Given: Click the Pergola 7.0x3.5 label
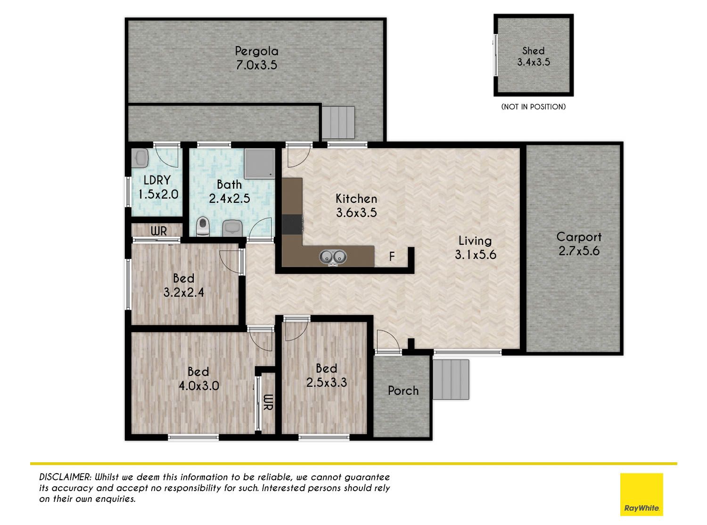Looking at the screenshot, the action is tap(256, 58).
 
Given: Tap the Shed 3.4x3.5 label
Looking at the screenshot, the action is tap(534, 56).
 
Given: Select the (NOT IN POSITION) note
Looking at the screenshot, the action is tap(534, 107).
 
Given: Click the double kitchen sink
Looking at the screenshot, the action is tap(333, 257).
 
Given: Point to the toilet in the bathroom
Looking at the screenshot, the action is tap(202, 226).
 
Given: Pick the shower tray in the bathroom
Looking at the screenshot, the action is tap(259, 164).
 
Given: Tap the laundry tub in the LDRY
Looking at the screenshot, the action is tap(140, 158).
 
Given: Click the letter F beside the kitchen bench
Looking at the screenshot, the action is tap(392, 256).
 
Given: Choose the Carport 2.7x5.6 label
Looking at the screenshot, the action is tap(579, 244).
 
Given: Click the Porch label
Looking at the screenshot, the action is tap(403, 391).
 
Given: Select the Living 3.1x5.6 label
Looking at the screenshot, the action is tap(475, 248).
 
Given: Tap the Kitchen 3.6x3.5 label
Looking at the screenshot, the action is tap(356, 206).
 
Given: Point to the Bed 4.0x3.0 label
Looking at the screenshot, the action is tap(198, 379).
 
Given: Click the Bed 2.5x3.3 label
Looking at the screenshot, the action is tap(327, 375).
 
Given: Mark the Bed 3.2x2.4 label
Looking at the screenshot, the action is tap(184, 285).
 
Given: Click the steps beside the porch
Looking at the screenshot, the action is tap(451, 379).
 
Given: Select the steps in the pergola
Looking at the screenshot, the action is tap(338, 123).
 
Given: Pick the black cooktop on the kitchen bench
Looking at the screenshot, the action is tap(292, 225).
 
